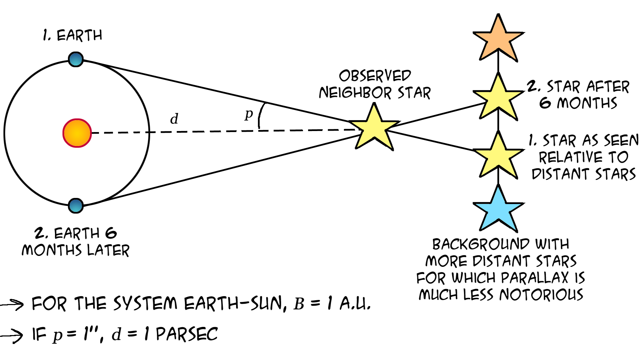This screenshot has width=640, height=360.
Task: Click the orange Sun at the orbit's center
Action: click(x=77, y=133)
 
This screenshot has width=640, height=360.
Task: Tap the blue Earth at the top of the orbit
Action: click(x=76, y=59)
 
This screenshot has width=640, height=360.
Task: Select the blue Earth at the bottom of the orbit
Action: click(x=76, y=206)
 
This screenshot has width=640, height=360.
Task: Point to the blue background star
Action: click(x=498, y=209)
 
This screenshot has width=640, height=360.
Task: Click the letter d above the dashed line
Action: click(x=174, y=119)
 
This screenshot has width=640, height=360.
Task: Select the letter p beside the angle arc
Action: click(x=249, y=115)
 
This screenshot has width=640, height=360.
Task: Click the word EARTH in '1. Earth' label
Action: click(x=79, y=35)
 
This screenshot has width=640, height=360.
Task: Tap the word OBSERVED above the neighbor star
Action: click(x=375, y=76)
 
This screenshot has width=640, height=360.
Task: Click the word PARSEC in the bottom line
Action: click(x=187, y=334)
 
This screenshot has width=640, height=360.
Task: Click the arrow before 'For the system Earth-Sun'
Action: click(x=12, y=304)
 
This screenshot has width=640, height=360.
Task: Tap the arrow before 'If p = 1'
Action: click(x=12, y=335)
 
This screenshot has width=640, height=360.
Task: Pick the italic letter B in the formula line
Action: click(x=299, y=304)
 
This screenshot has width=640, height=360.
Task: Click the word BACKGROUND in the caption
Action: click(x=481, y=244)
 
